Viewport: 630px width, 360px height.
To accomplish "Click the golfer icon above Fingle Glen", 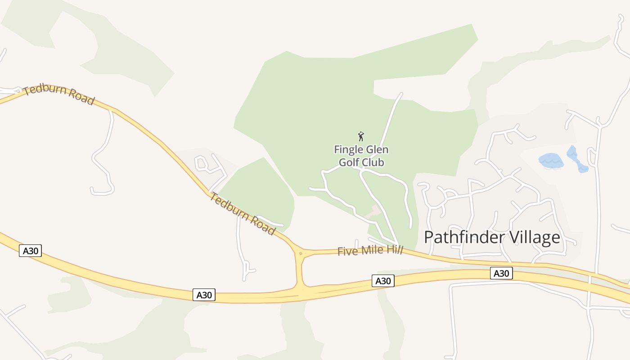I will tap(360, 136).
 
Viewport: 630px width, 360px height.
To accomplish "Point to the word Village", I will tap(537, 237).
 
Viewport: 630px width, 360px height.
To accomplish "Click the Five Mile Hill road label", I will tap(370, 250).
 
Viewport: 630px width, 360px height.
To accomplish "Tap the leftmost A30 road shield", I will tap(30, 251).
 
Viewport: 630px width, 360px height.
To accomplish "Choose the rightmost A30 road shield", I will tap(501, 273).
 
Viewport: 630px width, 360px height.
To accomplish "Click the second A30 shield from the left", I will tap(204, 295).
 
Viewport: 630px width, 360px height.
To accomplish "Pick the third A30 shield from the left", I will tap(383, 281).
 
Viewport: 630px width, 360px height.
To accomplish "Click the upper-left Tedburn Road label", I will tap(59, 94).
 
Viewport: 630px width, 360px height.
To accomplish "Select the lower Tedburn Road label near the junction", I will tap(242, 213).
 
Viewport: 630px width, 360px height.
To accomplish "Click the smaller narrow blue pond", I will tap(577, 159).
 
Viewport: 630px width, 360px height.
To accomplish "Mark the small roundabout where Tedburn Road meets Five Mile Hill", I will tap(300, 254).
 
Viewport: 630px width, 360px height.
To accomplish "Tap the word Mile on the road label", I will tap(369, 250).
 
